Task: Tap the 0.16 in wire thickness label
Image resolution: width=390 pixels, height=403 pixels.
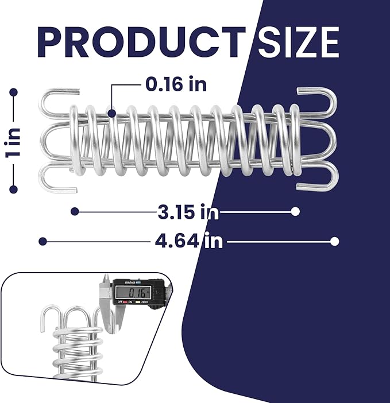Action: pyautogui.click(x=176, y=84)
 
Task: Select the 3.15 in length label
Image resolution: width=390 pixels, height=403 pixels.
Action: pyautogui.click(x=188, y=212)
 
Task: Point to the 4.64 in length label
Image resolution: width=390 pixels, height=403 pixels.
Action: pyautogui.click(x=188, y=241)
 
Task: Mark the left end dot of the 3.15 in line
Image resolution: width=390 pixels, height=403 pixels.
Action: pyautogui.click(x=75, y=211)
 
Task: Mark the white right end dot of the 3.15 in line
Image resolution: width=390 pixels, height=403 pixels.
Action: pyautogui.click(x=295, y=211)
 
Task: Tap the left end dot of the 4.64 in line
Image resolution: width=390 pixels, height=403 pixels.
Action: pyautogui.click(x=43, y=241)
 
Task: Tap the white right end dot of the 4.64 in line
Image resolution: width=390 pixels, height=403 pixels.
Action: pyautogui.click(x=335, y=241)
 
